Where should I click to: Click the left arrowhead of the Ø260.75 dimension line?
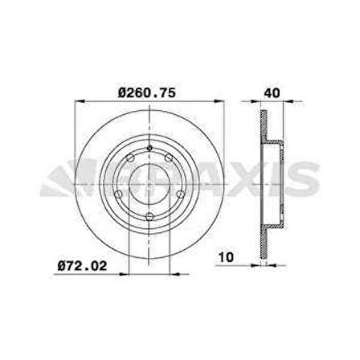79,102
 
